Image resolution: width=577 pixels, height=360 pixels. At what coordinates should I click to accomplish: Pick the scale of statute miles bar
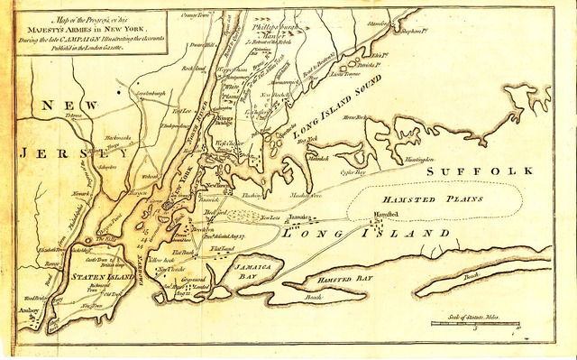[473, 322]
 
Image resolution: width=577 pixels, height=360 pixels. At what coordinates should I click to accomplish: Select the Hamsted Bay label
[344, 282]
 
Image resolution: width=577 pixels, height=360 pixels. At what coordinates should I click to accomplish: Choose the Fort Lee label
[183, 111]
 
